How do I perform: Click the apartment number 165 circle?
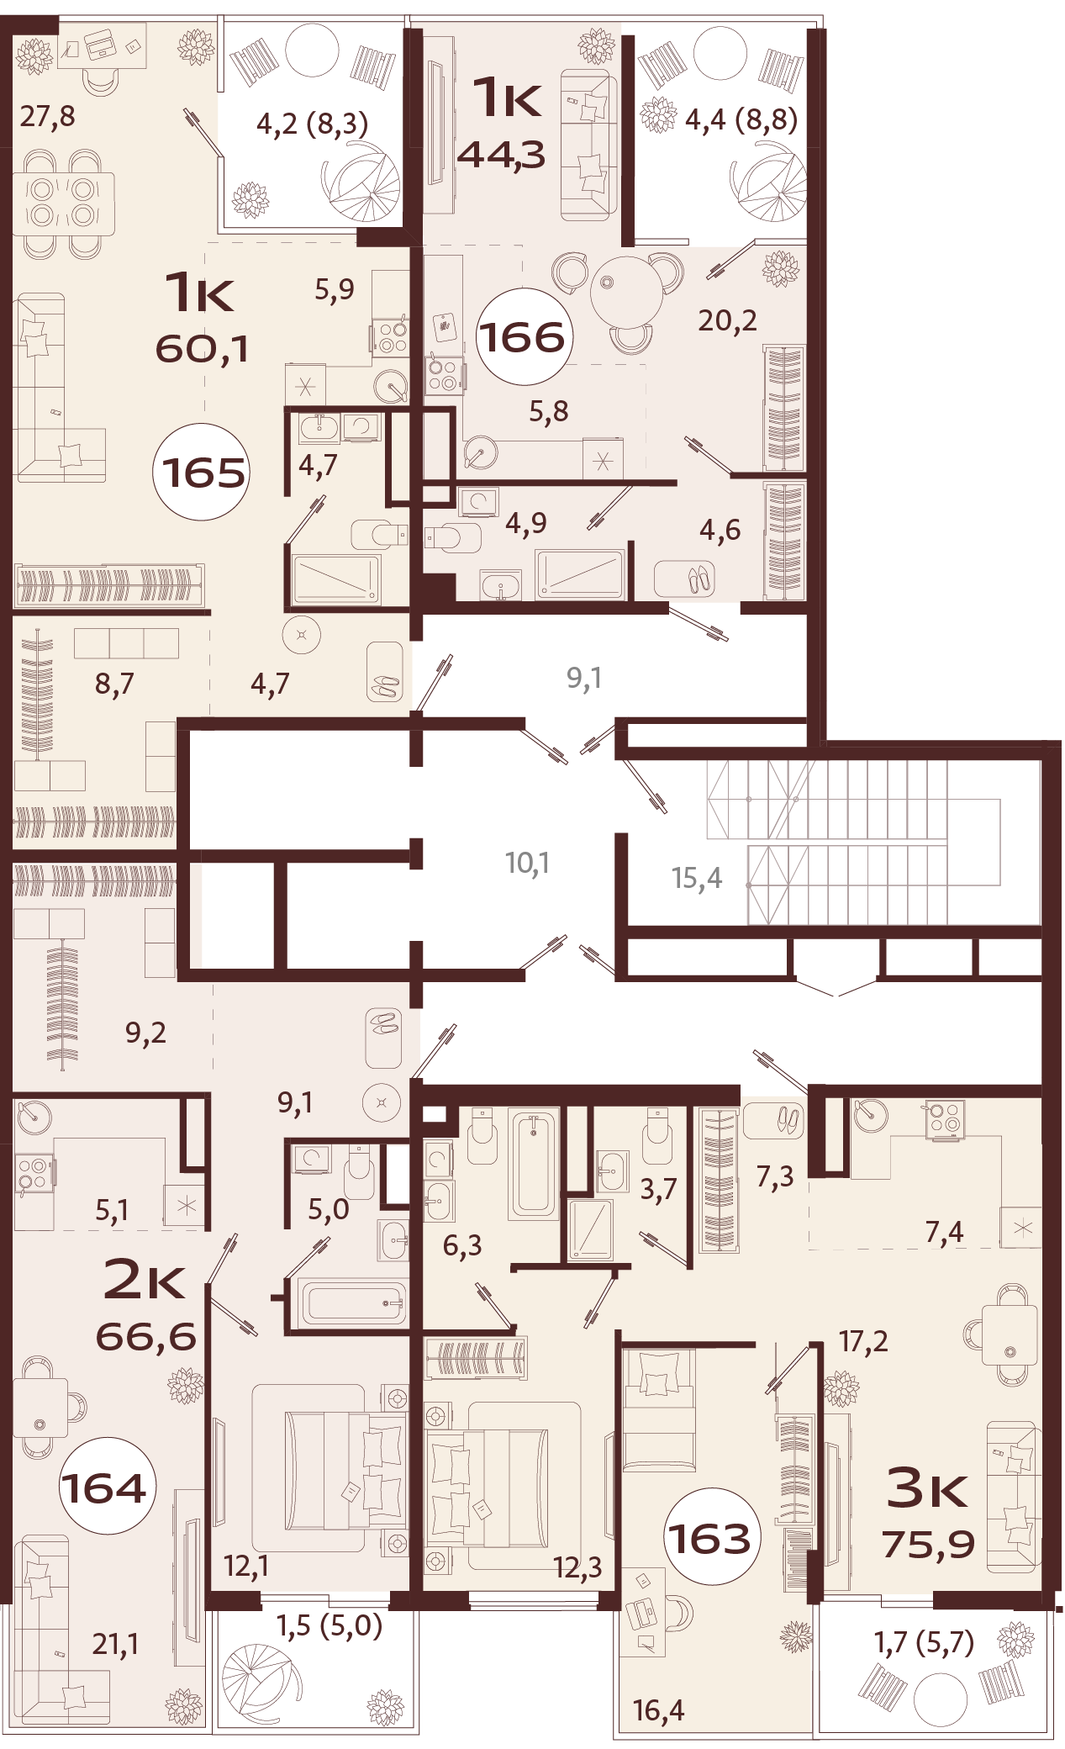(x=202, y=472)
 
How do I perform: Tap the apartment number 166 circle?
(x=523, y=337)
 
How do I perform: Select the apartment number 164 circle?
(x=107, y=1487)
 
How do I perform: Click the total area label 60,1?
(x=202, y=348)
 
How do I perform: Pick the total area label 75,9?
(x=928, y=1544)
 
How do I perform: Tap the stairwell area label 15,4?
(x=697, y=878)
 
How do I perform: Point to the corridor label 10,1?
(x=527, y=863)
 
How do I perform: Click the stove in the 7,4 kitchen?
(x=945, y=1120)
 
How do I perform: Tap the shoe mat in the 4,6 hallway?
(x=684, y=579)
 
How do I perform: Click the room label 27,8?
(x=47, y=116)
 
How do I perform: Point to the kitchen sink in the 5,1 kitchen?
(x=33, y=1117)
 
